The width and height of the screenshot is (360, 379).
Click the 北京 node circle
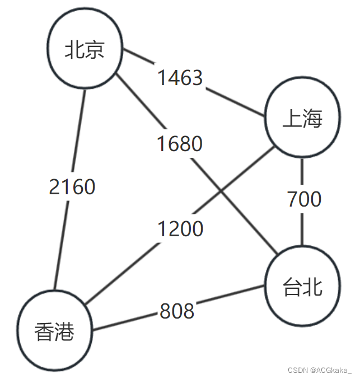85,51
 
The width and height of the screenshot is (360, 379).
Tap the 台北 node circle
303,287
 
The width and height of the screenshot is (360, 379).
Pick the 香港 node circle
54,333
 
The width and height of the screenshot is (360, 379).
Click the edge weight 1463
180,78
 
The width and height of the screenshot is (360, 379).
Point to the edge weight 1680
179,144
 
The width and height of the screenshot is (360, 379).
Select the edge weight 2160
72,187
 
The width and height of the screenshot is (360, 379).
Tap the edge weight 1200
180,229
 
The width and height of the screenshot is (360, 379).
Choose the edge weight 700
304,199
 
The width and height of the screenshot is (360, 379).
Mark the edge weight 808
177,311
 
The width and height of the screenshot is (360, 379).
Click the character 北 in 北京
75,51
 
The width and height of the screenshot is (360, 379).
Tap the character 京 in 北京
95,51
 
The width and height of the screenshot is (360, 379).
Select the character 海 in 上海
313,119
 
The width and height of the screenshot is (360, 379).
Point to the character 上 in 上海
293,119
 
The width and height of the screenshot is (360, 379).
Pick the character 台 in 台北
293,287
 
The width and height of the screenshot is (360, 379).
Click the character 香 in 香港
44,333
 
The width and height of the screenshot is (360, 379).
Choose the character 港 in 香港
64,333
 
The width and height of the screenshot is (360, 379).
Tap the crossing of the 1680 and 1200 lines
221,192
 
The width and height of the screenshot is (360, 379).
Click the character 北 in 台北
313,287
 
